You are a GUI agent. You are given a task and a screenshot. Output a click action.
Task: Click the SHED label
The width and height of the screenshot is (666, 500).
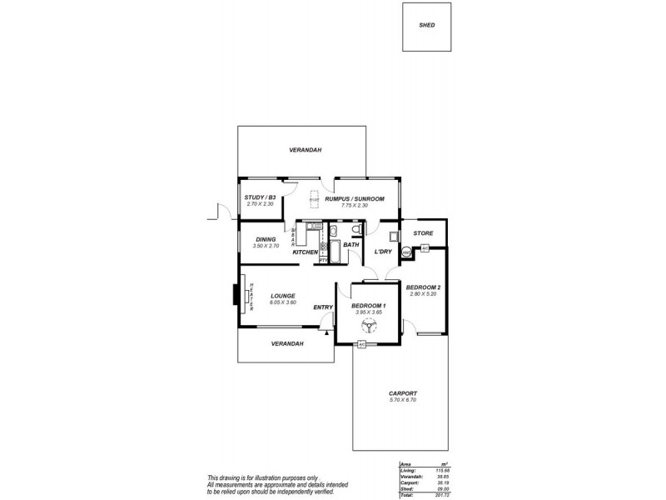click(x=426, y=25)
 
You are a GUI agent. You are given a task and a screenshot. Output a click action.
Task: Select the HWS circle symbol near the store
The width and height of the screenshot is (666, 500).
click(x=406, y=252)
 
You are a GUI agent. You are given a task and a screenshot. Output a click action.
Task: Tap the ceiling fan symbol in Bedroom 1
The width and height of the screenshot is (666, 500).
click(x=370, y=326)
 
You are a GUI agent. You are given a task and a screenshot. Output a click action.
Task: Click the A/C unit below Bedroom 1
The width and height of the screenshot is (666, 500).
click(x=362, y=344)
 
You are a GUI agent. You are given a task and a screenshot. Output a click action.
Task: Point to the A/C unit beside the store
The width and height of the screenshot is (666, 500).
click(x=424, y=248)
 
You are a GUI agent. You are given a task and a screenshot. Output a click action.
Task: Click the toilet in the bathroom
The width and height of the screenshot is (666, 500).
click(x=355, y=230)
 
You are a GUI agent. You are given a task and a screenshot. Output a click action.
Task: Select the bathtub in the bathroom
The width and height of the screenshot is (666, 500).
click(x=335, y=251)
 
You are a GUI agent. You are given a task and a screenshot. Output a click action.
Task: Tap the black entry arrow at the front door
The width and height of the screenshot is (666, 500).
click(x=328, y=333)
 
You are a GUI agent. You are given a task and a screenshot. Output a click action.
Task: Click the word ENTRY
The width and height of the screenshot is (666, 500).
click(x=323, y=307)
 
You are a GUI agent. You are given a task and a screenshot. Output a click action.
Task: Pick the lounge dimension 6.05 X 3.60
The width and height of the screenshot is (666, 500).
click(x=283, y=302)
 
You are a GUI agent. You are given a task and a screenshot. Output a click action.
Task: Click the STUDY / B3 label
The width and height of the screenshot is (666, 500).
click(x=260, y=198)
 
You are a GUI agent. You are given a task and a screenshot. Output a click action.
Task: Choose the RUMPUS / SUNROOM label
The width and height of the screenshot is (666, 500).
click(x=354, y=198)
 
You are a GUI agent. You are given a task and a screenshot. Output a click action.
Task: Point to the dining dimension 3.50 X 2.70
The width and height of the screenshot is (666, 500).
click(x=266, y=246)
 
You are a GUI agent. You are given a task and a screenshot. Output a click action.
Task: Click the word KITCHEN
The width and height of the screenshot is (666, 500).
click(x=305, y=252)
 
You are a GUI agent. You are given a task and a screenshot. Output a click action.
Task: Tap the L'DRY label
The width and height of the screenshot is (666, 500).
click(x=383, y=252)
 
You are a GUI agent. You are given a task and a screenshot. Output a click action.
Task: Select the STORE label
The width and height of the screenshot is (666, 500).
click(x=423, y=233)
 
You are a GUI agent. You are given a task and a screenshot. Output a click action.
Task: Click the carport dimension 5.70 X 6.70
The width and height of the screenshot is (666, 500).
click(x=402, y=400)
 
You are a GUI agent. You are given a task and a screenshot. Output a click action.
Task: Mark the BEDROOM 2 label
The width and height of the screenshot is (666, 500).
click(x=423, y=287)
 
